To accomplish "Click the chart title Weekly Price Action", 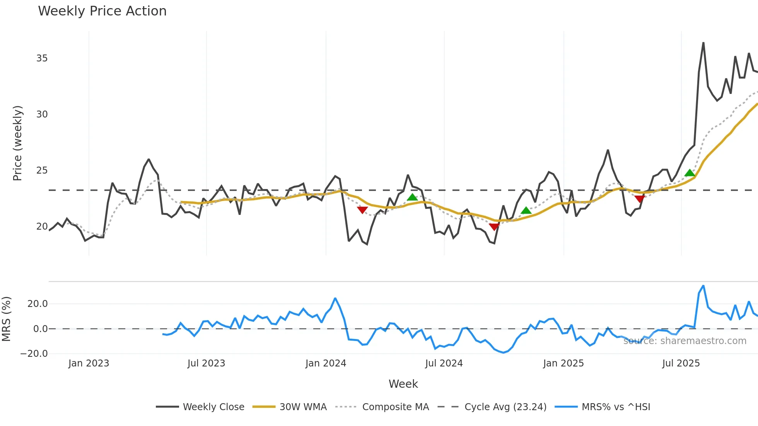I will (x=102, y=11).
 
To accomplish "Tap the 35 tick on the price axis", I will (x=42, y=58).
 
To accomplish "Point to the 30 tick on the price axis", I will (x=42, y=114).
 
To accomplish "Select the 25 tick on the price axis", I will (x=42, y=170).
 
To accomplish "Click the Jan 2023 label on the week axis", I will (x=89, y=363).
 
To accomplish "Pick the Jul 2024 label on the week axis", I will (x=444, y=363).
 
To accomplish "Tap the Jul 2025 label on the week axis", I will (x=681, y=363).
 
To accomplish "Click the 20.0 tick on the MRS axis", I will (x=38, y=304).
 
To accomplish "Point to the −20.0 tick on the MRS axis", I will (x=34, y=354).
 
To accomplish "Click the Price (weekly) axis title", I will (x=18, y=143).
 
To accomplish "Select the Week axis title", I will (x=403, y=384).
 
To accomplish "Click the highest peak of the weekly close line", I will (x=703, y=43).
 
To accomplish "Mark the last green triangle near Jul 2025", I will (x=690, y=173).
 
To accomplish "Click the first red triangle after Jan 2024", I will (x=362, y=210).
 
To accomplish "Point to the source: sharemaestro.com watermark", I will (x=685, y=341).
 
